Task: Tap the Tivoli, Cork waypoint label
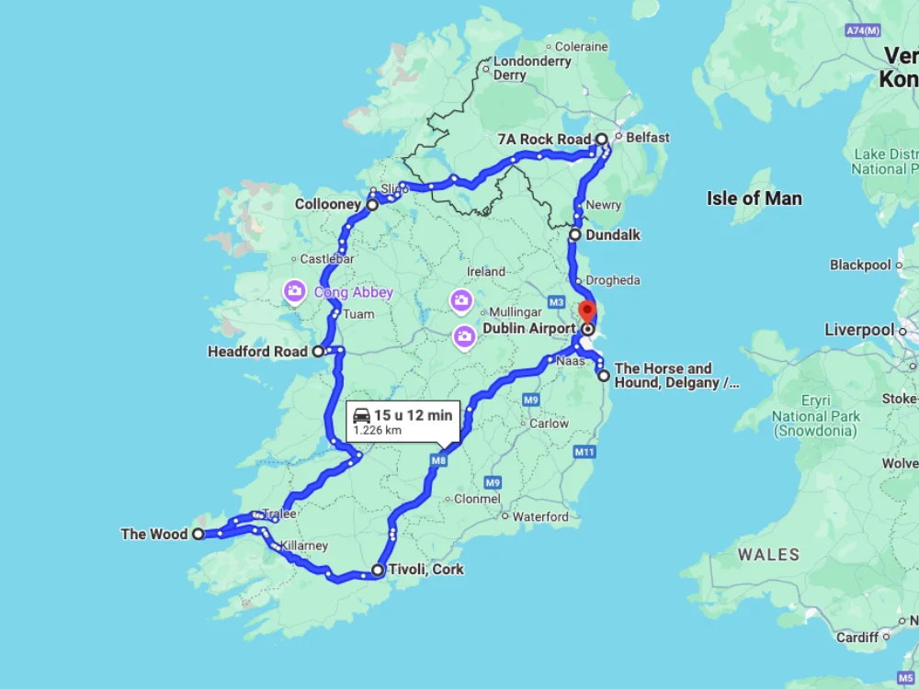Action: (425, 570)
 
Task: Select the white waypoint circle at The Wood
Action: (198, 534)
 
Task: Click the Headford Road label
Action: (257, 351)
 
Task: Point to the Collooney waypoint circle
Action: (372, 206)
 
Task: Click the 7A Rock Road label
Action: (543, 140)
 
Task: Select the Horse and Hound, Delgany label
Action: (675, 376)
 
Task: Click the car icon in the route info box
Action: (361, 415)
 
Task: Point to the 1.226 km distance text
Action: (378, 430)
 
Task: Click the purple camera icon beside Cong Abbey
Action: (294, 292)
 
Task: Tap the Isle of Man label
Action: (754, 198)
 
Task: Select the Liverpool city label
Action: (858, 330)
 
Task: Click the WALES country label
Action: (768, 555)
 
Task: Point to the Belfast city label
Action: (648, 138)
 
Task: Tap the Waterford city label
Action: (540, 516)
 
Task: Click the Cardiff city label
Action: (857, 637)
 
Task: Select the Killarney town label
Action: (304, 546)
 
